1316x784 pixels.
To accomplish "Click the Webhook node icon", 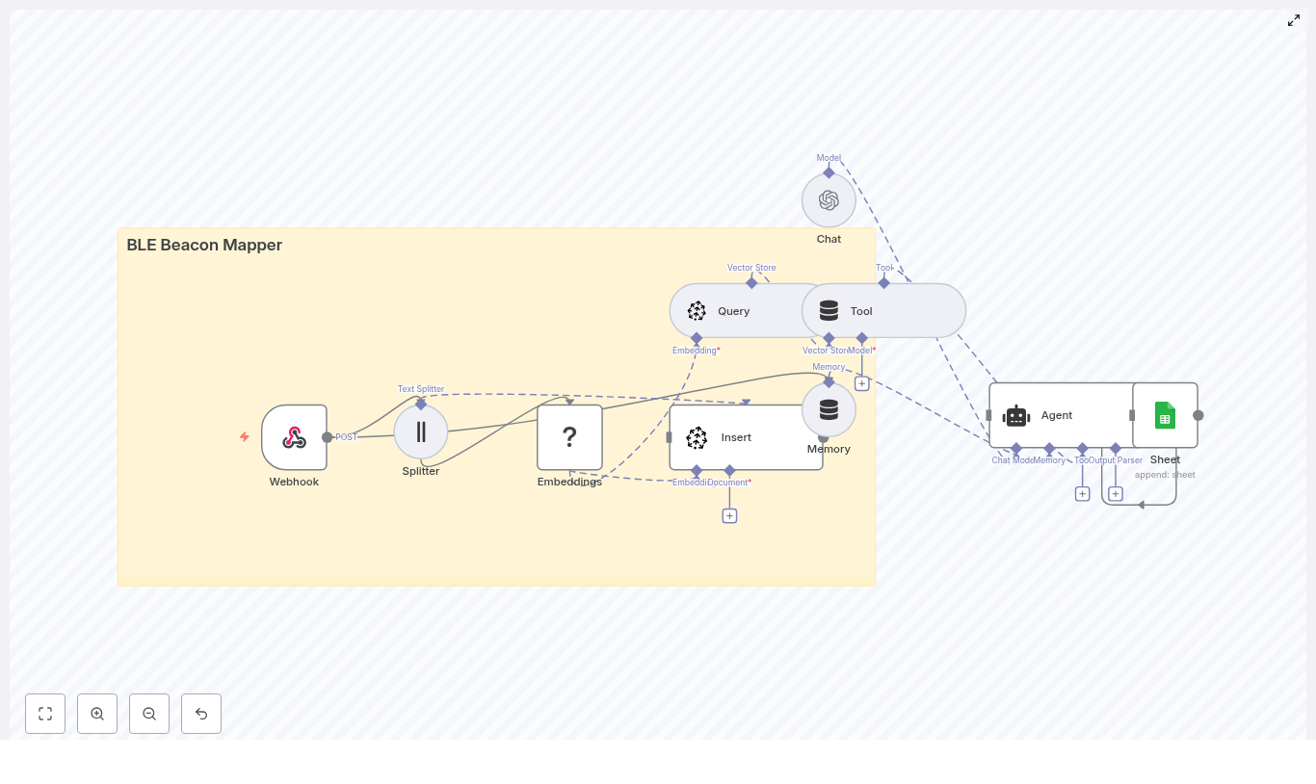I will click(294, 437).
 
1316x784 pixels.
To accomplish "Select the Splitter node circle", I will click(421, 431).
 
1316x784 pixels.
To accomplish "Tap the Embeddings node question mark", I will click(569, 437).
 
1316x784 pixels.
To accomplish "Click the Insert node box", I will click(746, 437).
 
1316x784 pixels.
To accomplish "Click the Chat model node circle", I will click(829, 200).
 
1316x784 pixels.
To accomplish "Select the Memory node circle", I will click(829, 410).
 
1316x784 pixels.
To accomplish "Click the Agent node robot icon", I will click(1016, 415).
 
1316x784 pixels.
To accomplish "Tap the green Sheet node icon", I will click(1165, 415).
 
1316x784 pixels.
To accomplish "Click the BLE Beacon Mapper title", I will click(204, 245).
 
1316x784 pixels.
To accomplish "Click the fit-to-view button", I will click(45, 714).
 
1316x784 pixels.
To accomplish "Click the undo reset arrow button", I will click(201, 714).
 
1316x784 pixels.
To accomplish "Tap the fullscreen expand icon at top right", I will click(1294, 20).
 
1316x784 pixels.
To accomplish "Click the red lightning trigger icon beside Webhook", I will click(245, 437).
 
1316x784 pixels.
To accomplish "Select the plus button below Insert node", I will click(729, 516).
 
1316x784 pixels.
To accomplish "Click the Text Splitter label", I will click(421, 389).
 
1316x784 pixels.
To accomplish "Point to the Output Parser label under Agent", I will click(1116, 460).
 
